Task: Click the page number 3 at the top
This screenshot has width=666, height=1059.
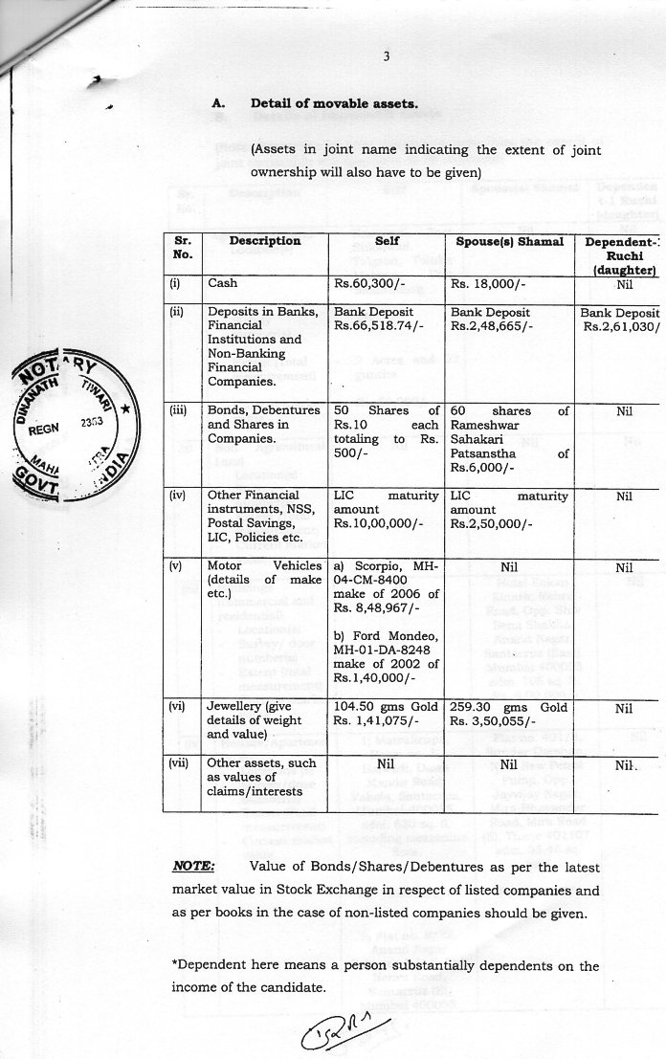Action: click(386, 56)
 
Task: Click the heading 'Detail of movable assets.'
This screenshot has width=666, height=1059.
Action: click(334, 103)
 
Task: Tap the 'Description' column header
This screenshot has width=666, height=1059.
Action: click(265, 241)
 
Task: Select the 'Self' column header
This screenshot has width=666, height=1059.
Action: click(387, 241)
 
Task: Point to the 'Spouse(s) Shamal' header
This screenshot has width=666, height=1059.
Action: click(510, 241)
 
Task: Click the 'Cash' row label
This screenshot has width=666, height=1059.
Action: click(223, 284)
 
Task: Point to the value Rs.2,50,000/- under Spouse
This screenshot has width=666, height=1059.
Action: click(492, 524)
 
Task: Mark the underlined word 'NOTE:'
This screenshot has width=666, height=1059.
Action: click(192, 868)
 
